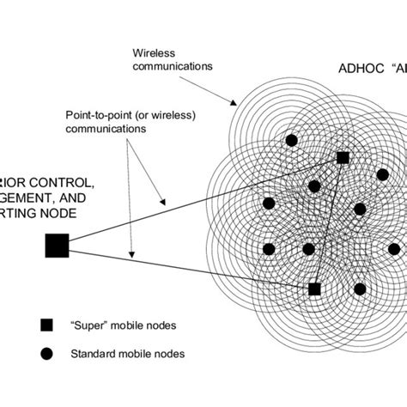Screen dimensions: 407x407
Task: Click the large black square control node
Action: click(x=57, y=246)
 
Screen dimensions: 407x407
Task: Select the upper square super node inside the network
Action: click(x=343, y=158)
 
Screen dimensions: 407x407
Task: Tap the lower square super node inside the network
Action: click(x=314, y=289)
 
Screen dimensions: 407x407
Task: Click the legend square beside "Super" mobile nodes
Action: click(x=46, y=325)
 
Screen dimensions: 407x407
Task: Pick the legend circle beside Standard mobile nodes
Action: click(x=46, y=351)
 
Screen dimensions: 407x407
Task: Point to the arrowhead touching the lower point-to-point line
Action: click(x=131, y=254)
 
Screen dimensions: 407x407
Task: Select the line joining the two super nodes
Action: click(x=329, y=223)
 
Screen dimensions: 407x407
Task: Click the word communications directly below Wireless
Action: click(x=173, y=64)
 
